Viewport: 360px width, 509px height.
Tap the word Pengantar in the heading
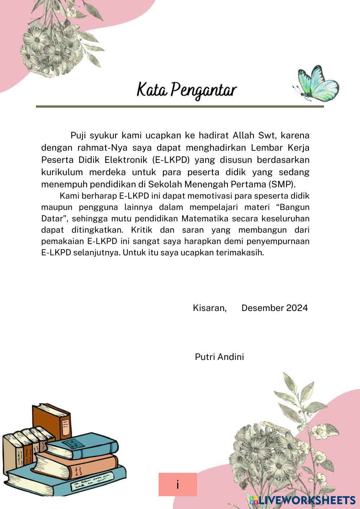pos(203,90)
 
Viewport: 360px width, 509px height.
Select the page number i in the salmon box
pos(178,485)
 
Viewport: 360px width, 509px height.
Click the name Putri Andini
pos(219,357)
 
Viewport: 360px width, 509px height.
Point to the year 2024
pos(297,308)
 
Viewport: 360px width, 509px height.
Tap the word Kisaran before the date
pos(210,308)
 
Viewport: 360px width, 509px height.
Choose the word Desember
pos(262,308)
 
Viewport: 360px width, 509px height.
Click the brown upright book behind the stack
pos(50,421)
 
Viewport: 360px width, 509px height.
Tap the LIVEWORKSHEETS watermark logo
pos(302,500)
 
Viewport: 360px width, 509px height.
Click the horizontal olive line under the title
pos(180,107)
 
